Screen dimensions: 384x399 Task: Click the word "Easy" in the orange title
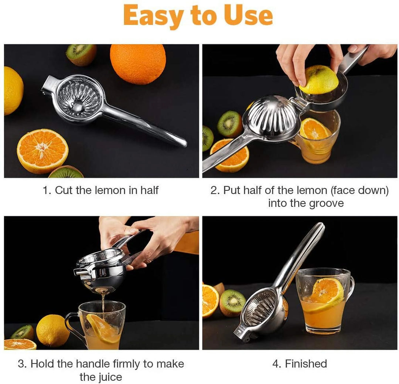coord(153,16)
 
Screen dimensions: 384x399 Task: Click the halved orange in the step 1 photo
coord(42,150)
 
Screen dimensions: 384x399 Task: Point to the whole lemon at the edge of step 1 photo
coord(13,91)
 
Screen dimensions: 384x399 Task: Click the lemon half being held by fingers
coord(318,79)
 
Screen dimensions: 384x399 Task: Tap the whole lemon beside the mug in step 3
coord(52,330)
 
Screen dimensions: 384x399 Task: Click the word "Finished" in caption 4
coord(306,364)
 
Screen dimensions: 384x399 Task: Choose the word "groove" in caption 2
coord(326,203)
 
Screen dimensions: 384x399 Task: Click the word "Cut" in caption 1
coord(64,190)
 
